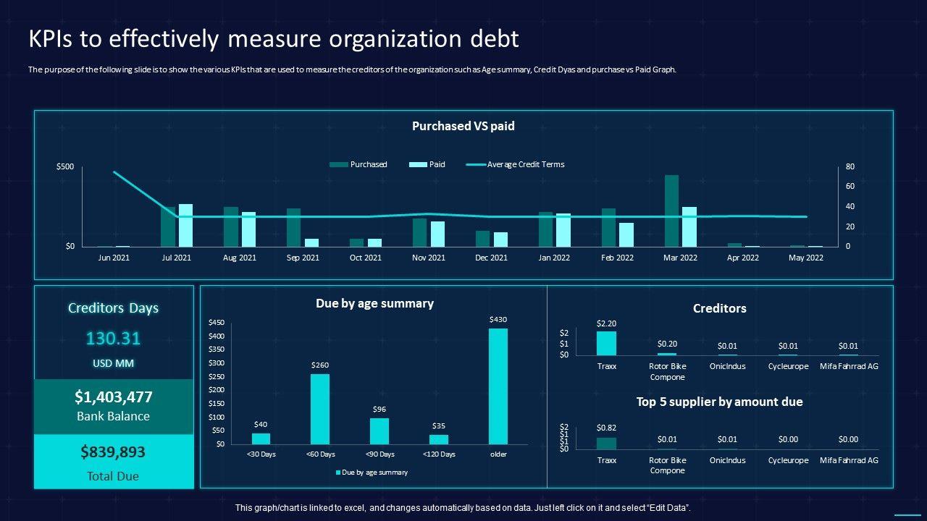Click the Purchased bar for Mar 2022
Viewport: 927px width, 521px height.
click(671, 211)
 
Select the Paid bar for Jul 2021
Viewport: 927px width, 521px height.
click(186, 225)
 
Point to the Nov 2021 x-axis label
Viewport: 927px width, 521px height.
click(428, 258)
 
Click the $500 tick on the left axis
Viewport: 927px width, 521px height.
click(65, 166)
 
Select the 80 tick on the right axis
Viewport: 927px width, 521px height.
click(850, 166)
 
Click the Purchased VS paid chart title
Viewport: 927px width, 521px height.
click(463, 126)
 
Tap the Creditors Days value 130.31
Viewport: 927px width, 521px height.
click(113, 339)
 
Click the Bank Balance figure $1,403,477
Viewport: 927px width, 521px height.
click(113, 397)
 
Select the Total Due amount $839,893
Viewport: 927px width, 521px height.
click(113, 452)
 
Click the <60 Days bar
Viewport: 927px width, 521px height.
click(320, 409)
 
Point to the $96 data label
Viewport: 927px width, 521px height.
click(379, 410)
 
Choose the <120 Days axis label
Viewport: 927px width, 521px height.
click(439, 454)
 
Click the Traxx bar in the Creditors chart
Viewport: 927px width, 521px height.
click(606, 343)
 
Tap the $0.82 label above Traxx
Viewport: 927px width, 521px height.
click(606, 428)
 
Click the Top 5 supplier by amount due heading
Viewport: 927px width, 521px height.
click(719, 402)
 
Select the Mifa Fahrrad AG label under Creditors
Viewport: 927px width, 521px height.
click(848, 366)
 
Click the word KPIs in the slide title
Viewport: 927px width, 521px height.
click(51, 39)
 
